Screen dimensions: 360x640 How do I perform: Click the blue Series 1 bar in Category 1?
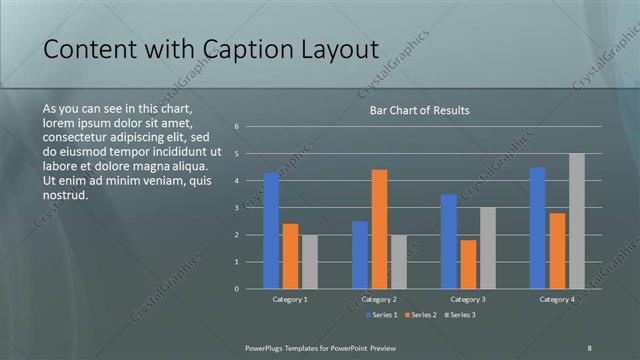(x=271, y=231)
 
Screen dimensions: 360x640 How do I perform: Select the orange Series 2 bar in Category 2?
(x=379, y=229)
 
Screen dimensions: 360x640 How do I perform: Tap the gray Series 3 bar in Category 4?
(x=576, y=221)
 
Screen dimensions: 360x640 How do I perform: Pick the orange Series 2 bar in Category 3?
(x=468, y=264)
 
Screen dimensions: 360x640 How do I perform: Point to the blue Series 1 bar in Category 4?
(x=537, y=228)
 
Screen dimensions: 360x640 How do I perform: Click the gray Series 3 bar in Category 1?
(x=310, y=262)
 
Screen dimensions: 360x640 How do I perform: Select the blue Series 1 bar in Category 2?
(x=360, y=255)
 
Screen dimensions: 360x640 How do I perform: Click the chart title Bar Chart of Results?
(x=413, y=110)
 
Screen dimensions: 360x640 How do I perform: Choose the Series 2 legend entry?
(x=420, y=315)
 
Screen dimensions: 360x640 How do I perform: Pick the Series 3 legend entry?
(x=459, y=315)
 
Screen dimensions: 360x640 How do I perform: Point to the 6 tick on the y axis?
(x=236, y=127)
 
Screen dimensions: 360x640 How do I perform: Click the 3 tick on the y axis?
(x=236, y=208)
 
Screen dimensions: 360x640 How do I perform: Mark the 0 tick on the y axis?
(x=236, y=289)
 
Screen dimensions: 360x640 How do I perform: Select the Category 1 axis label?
(x=290, y=299)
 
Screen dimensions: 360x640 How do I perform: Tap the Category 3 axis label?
(x=468, y=299)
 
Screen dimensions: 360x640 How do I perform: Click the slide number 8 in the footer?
(x=589, y=347)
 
